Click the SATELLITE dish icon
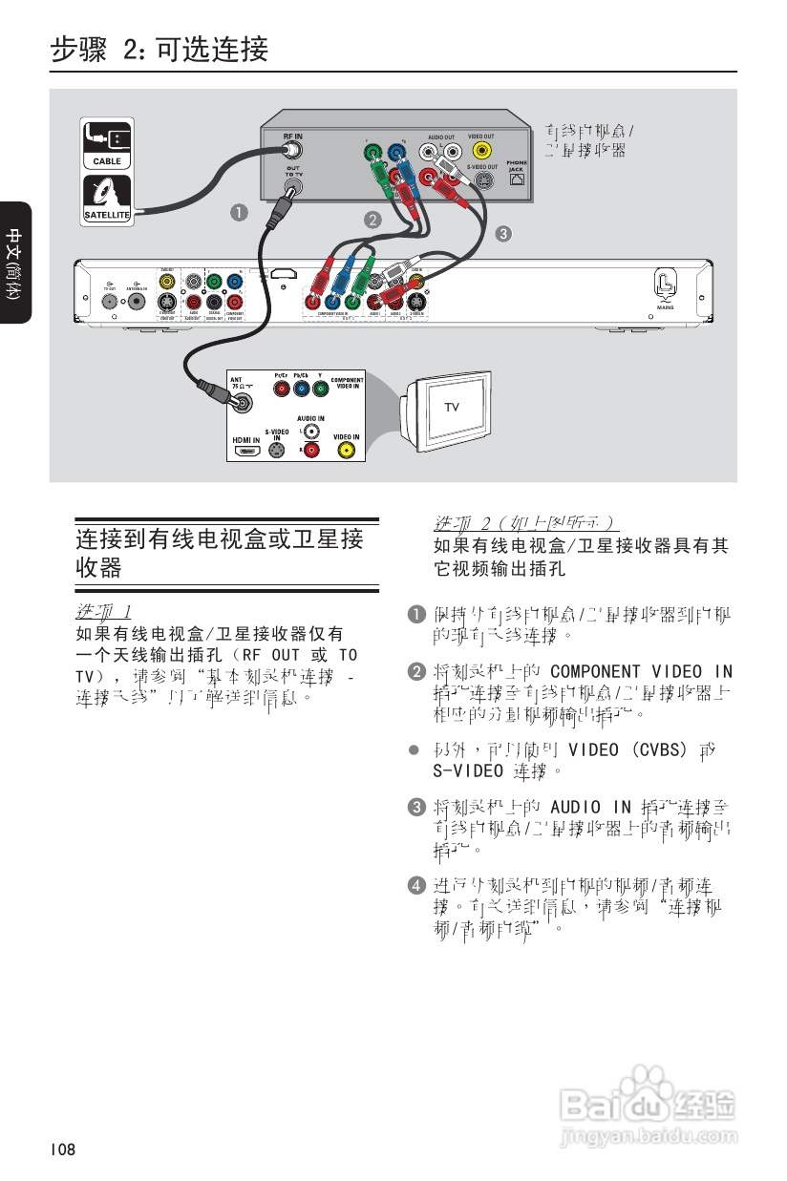coord(105,196)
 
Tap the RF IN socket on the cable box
coord(292,151)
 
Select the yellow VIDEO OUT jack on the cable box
coord(482,150)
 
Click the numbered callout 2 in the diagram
coord(372,219)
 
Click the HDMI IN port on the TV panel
coord(246,451)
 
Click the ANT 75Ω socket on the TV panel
coord(245,404)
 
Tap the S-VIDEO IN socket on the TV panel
coord(278,451)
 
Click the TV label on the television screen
coord(451,408)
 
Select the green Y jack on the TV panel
coord(320,389)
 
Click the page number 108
coord(64,1149)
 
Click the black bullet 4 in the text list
coord(415,885)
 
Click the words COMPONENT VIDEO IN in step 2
coord(642,672)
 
